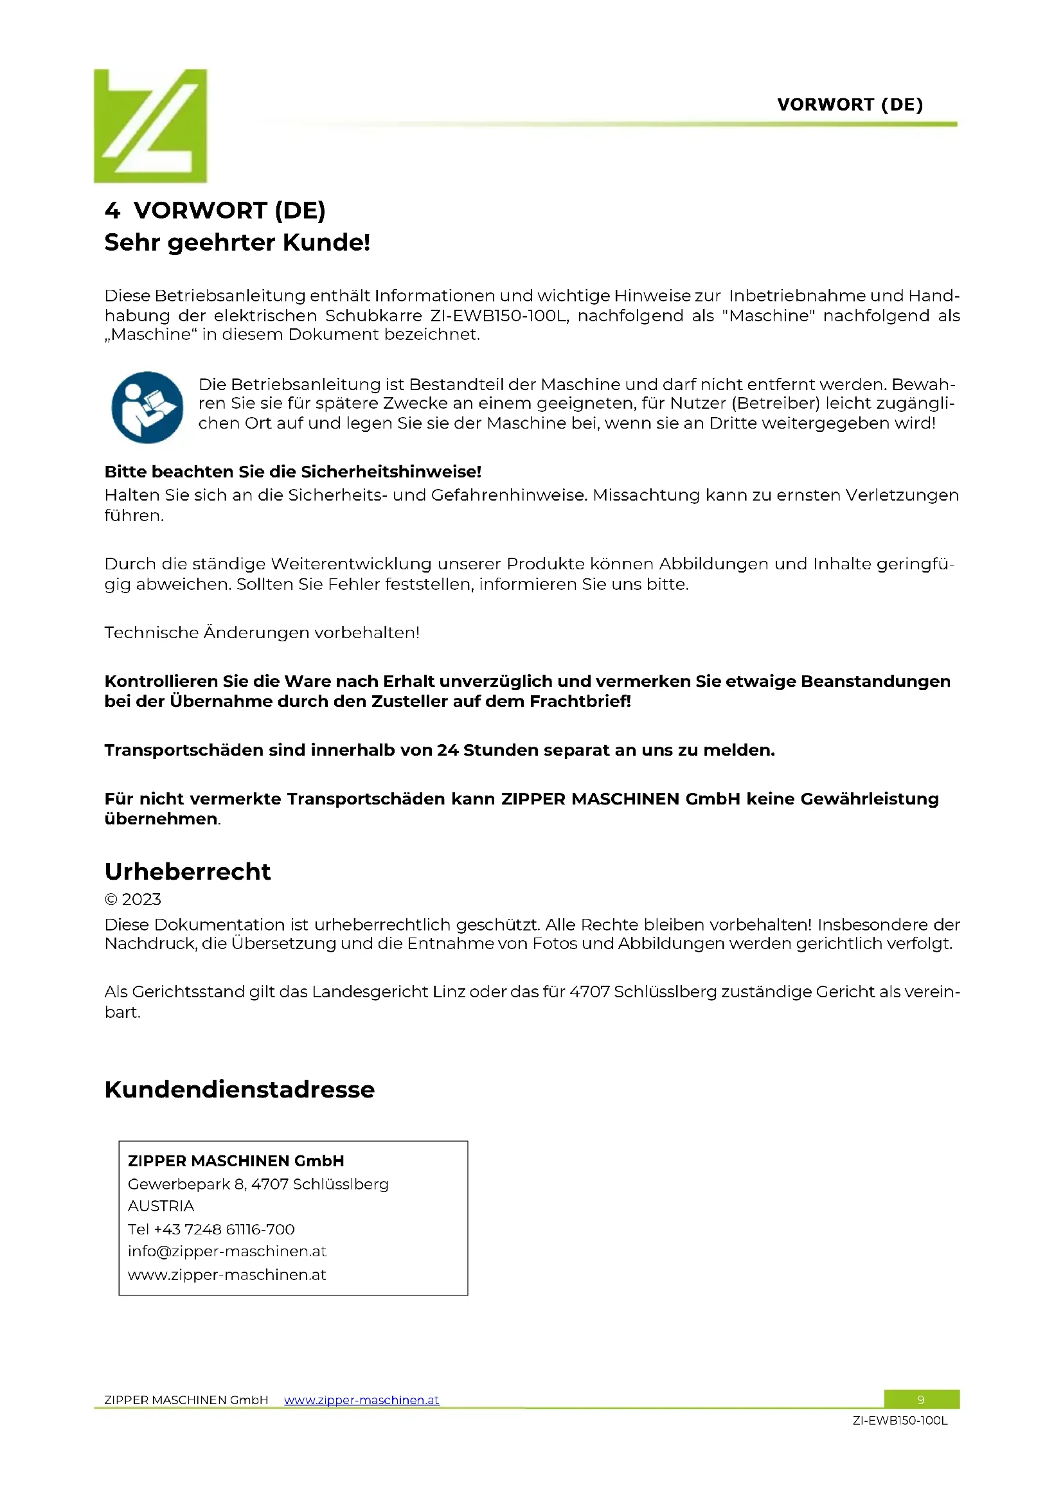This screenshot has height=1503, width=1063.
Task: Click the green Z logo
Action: (150, 126)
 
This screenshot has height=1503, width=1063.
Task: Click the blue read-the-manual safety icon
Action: (147, 407)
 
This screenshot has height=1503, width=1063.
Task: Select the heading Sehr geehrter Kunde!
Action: (237, 242)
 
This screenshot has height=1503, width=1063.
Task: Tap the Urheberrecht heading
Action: (187, 871)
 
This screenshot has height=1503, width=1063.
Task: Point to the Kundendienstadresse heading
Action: (239, 1089)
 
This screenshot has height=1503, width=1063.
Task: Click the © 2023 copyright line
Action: (133, 900)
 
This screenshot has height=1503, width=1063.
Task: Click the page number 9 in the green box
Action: (921, 1400)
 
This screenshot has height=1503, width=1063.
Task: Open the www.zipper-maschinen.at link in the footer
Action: (361, 1400)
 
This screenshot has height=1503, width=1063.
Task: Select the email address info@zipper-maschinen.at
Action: (226, 1252)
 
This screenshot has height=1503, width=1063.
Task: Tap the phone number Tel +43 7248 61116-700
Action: (211, 1229)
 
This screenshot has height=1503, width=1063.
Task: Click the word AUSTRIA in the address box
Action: (161, 1205)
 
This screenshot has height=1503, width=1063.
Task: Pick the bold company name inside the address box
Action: (236, 1161)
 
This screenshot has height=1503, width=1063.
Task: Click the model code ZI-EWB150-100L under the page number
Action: (899, 1421)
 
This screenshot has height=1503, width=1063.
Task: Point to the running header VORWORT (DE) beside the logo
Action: (850, 105)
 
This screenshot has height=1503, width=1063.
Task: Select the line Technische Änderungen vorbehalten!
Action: (262, 632)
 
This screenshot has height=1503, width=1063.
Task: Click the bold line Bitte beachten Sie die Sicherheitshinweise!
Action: (292, 472)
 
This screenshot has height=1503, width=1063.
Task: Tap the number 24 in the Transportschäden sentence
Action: (448, 750)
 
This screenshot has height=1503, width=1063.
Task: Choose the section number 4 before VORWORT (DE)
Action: (112, 211)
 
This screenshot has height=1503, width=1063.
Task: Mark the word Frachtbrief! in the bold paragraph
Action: (580, 702)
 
